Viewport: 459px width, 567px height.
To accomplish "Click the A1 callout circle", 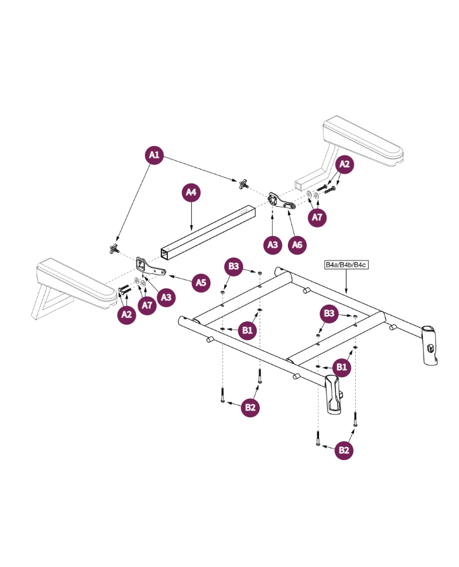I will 154,155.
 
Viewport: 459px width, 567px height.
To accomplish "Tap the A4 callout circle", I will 191,193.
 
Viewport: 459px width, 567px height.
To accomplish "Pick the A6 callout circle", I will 297,245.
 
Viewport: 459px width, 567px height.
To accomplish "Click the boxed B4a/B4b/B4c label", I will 345,265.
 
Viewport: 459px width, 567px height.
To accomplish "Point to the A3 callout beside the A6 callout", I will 273,245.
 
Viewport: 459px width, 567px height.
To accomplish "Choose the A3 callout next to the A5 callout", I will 165,297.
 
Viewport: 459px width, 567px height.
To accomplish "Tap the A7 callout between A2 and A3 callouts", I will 147,305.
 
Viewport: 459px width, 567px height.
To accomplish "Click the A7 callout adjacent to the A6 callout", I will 317,217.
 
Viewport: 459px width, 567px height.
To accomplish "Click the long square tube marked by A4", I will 208,232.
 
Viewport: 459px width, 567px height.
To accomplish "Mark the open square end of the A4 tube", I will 166,253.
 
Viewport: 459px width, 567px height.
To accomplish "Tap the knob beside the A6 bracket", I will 244,182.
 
